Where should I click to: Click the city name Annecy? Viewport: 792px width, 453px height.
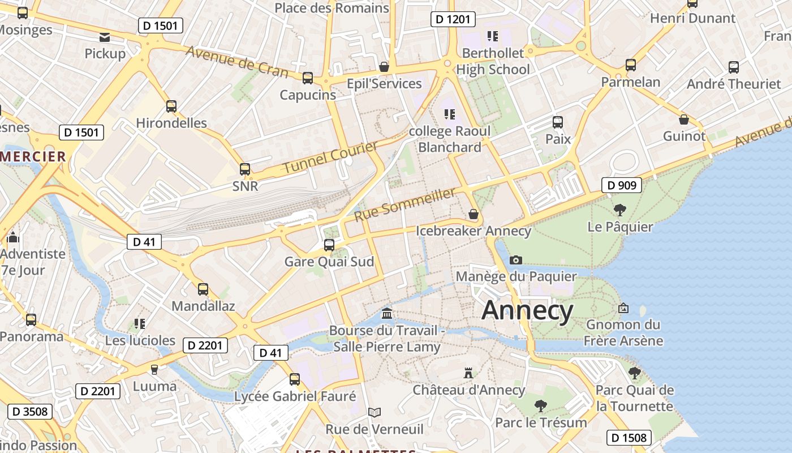point(527,311)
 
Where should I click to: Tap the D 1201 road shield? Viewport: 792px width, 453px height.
point(453,19)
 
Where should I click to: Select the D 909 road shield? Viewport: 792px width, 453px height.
point(621,185)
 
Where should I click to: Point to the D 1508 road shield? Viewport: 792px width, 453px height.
point(629,438)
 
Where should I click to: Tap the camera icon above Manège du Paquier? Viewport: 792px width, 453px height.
point(515,260)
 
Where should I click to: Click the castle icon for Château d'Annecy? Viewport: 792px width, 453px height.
point(468,373)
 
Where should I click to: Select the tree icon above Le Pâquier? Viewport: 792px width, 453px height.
point(619,210)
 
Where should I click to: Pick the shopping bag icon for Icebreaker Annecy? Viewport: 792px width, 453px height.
point(474,214)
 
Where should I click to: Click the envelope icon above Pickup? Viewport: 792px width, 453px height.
point(105,37)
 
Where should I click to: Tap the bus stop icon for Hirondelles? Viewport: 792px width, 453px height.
point(171,106)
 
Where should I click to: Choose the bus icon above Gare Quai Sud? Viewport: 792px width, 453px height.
point(329,245)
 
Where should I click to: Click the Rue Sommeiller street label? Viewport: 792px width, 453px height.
point(405,205)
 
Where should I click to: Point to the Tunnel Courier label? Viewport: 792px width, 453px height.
point(330,157)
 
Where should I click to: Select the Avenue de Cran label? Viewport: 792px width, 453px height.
point(236,62)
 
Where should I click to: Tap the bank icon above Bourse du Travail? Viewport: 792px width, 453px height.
point(387,313)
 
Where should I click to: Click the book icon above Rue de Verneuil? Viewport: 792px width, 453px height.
point(374,412)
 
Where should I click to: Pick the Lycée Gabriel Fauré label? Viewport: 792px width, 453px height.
point(295,396)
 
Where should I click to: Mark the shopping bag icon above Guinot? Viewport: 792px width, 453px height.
point(684,119)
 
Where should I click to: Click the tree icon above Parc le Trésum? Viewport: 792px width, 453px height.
point(541,405)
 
